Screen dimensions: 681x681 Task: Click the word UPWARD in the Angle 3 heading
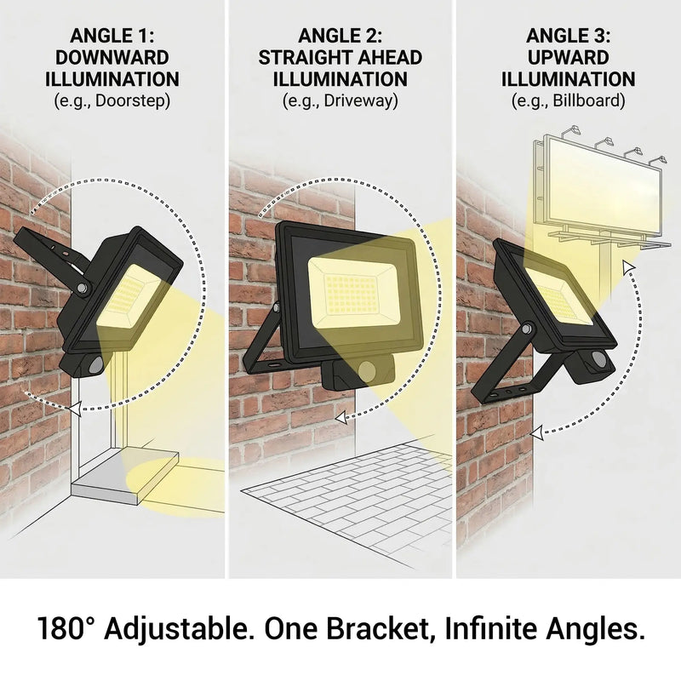(568, 58)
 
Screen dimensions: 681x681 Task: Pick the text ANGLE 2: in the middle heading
(340, 36)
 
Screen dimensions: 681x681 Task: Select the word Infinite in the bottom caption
(496, 631)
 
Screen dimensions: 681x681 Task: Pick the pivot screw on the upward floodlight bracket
(529, 328)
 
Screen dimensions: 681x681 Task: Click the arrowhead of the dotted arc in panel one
(77, 409)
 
